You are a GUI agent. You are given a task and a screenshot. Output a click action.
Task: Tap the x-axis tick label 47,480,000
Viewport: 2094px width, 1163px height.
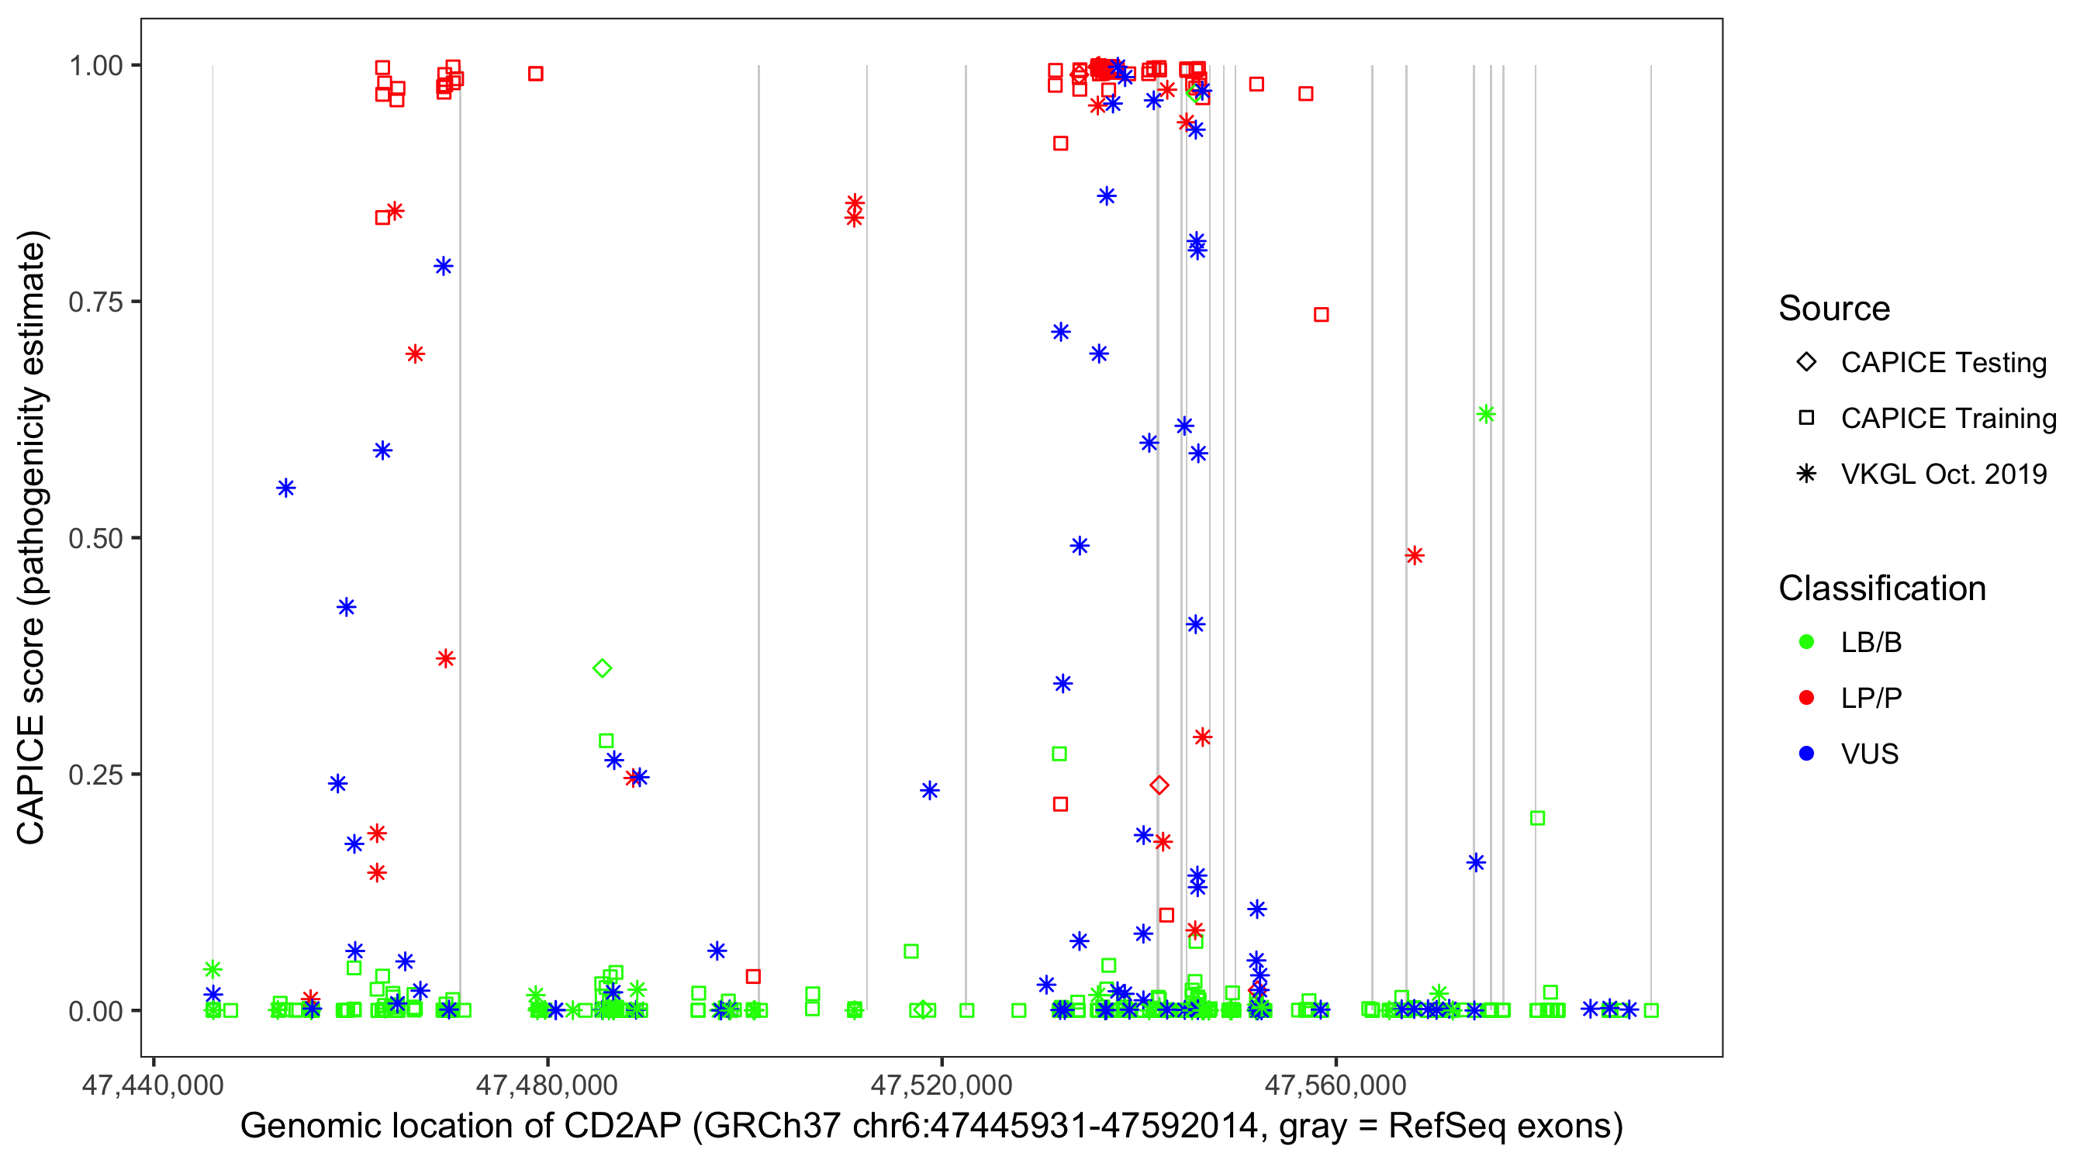coord(546,1085)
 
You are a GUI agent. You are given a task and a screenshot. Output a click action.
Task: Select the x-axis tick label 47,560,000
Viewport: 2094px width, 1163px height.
coord(1336,1085)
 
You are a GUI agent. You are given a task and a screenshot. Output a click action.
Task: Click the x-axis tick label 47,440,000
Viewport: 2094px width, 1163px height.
coord(153,1085)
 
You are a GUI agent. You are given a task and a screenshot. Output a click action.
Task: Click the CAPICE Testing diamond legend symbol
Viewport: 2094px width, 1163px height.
coord(1806,361)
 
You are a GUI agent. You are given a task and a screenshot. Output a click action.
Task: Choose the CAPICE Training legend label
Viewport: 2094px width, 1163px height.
coord(1948,419)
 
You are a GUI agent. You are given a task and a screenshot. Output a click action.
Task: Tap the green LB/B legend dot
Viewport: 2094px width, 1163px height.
coord(1806,642)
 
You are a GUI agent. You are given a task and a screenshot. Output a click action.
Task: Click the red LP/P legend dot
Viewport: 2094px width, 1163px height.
coord(1806,698)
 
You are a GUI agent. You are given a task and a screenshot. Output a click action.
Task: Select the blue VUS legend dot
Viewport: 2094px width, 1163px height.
coord(1806,754)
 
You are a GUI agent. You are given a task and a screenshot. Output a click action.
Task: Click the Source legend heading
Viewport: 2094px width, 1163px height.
coord(1834,309)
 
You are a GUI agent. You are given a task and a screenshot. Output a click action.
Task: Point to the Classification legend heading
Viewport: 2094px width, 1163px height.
coord(1881,588)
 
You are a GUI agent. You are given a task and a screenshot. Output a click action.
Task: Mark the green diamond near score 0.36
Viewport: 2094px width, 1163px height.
coord(603,669)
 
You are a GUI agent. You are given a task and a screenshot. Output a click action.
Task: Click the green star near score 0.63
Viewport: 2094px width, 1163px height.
coord(1486,415)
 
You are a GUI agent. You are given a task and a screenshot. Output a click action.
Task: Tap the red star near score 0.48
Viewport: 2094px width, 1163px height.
coord(1415,556)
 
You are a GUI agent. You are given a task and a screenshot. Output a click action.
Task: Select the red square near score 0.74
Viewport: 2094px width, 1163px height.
coord(1321,315)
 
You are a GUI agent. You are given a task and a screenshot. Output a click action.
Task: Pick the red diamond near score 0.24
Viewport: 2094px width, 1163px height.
coord(1160,785)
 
